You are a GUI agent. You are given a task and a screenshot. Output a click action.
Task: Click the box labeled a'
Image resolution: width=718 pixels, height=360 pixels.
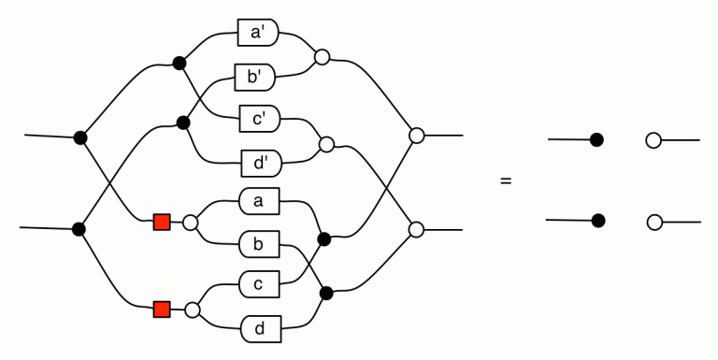click(x=258, y=33)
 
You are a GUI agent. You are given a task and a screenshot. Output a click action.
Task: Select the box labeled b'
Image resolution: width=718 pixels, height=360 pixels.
click(x=255, y=78)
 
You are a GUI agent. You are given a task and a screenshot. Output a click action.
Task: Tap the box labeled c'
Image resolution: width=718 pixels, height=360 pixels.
click(x=260, y=119)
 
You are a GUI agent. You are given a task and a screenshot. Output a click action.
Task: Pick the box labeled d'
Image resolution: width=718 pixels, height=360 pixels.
click(x=262, y=164)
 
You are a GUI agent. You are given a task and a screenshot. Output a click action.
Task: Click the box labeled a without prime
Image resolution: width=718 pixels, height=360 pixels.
click(x=259, y=201)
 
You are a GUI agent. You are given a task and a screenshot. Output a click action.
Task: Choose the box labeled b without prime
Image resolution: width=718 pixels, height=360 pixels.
click(x=259, y=244)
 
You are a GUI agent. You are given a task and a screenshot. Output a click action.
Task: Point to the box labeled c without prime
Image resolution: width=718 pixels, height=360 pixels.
click(x=259, y=284)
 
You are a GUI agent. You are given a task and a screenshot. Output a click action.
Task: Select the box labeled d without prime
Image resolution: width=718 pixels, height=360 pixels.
click(x=261, y=329)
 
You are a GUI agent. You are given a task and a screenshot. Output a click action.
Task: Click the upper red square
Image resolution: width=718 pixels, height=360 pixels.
click(x=162, y=223)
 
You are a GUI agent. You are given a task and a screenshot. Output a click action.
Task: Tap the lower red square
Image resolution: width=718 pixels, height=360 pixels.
click(x=162, y=310)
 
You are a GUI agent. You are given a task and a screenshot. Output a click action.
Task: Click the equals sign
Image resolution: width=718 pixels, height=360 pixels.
click(x=506, y=180)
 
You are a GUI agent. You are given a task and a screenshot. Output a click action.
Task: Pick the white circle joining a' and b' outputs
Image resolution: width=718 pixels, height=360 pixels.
click(x=322, y=57)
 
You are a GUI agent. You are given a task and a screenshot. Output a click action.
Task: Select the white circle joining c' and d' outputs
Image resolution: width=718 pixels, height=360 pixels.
click(x=326, y=144)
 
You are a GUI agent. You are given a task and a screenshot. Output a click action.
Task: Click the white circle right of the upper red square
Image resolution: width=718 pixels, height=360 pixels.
click(x=190, y=223)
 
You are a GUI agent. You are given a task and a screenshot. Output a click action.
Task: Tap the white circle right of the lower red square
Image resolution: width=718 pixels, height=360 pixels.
click(x=193, y=310)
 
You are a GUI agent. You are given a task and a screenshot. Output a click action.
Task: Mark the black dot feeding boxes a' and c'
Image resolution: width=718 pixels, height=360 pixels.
click(x=179, y=64)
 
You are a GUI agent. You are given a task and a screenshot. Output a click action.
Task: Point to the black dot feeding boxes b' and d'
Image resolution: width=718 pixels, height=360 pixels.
click(x=183, y=122)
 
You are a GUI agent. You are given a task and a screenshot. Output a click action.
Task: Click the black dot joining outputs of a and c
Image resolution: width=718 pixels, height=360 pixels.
click(x=324, y=239)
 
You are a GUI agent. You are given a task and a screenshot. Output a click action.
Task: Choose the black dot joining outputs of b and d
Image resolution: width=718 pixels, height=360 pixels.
click(x=326, y=293)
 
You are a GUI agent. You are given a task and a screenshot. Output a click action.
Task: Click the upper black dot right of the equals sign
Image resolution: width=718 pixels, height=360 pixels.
click(x=596, y=139)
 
